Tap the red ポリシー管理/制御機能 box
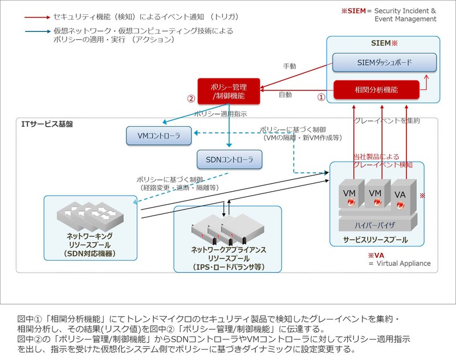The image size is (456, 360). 229,92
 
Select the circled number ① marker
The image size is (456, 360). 321,98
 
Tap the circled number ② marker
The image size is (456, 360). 191,98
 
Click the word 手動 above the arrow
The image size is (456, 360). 290,66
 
